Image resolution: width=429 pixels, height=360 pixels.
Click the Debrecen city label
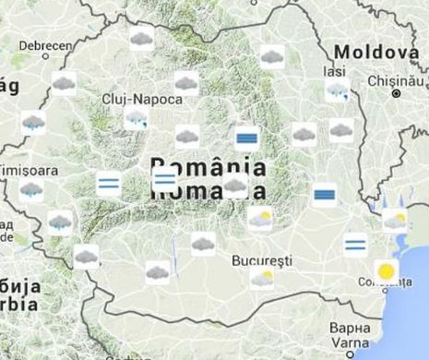pos(46,44)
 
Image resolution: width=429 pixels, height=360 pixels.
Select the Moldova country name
pos(375,52)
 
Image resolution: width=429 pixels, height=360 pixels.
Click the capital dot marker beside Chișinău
pos(397,93)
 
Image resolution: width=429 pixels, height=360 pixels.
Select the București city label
pos(262,260)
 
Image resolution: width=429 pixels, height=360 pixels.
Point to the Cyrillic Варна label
pos(350,328)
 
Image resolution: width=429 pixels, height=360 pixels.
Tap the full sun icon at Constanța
pos(387,271)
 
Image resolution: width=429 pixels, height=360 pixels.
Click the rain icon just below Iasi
pos(338,90)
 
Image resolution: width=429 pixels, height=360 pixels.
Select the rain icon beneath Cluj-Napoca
pos(137,118)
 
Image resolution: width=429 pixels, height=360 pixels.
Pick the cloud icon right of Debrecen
pos(141,38)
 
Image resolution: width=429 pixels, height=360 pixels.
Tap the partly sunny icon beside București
pos(262,278)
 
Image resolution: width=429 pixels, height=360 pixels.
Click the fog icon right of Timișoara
pos(108,183)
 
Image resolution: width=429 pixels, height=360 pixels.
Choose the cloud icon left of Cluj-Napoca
pos(64,84)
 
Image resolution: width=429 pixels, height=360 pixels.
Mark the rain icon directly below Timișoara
pos(31,190)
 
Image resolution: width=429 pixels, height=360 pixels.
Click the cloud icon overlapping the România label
pos(235,186)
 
